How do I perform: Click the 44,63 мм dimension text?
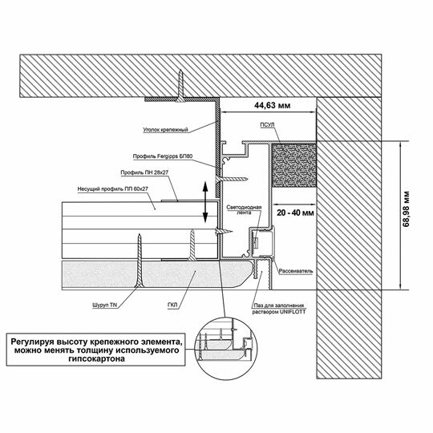(272, 105)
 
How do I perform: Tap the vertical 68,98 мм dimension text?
(406, 208)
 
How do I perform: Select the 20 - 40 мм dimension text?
(295, 213)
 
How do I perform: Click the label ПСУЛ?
(267, 125)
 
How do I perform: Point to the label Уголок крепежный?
(165, 130)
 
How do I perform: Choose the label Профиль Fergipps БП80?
(163, 156)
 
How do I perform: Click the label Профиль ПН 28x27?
(144, 172)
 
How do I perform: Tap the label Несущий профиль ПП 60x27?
(113, 189)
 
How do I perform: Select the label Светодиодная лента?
(244, 210)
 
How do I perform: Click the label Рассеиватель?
(296, 271)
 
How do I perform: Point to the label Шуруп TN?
(105, 306)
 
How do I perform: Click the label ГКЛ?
(172, 306)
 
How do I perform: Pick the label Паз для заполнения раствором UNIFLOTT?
(278, 309)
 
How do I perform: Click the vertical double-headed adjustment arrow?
(205, 201)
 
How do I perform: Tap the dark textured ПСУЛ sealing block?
(294, 165)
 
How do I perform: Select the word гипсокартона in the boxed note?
(97, 359)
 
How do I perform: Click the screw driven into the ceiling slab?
(180, 86)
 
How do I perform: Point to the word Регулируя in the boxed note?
(31, 342)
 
